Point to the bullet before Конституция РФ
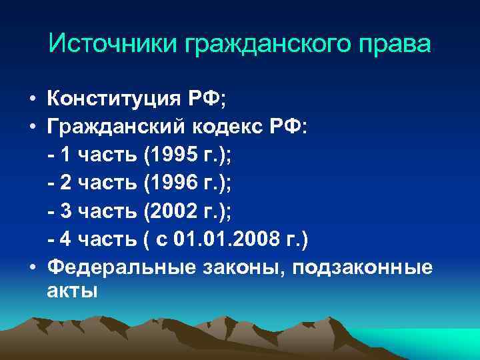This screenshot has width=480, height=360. point(32,100)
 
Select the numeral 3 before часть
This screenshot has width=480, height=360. point(67,211)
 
